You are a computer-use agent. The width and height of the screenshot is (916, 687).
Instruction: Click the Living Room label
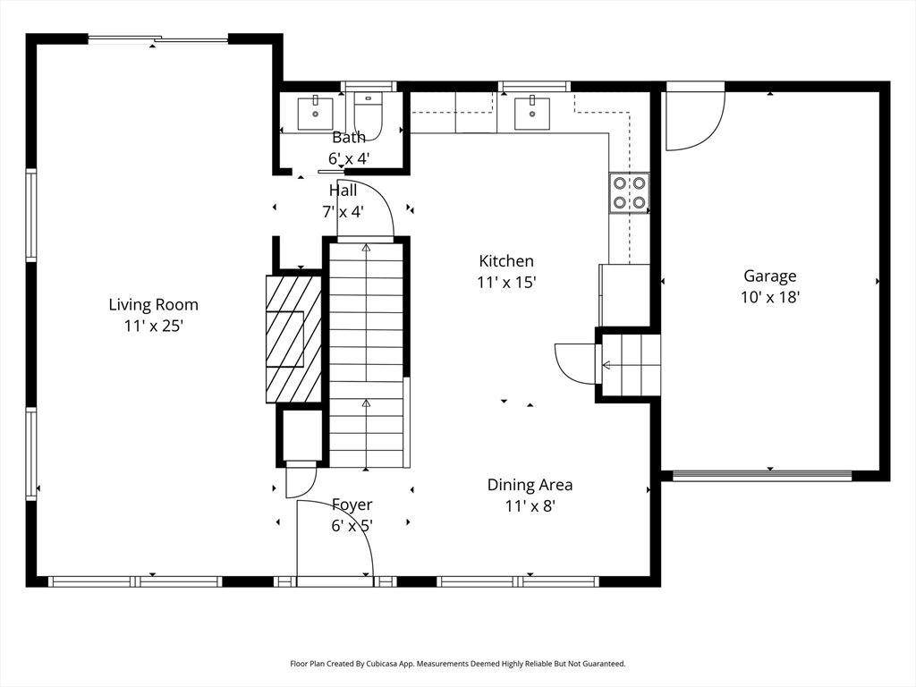[x=154, y=304]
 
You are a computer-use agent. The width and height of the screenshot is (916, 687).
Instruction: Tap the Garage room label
[x=770, y=276]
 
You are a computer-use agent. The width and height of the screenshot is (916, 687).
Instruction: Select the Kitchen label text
[x=506, y=260]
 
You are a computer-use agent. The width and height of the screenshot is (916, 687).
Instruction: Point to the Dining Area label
[x=530, y=485]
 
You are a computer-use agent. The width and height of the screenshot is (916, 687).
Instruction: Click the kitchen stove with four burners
[x=630, y=193]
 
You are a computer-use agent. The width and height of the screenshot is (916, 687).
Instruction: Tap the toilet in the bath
[x=368, y=116]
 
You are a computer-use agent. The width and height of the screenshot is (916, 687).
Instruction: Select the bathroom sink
[x=316, y=114]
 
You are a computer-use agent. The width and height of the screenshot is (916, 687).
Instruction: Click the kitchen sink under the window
[x=532, y=113]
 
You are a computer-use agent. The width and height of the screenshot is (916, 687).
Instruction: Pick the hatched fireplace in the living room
[x=293, y=339]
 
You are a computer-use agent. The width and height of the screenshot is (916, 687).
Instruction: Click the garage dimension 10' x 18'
[x=770, y=297]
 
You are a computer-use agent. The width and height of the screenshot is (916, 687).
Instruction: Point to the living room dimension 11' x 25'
[x=154, y=326]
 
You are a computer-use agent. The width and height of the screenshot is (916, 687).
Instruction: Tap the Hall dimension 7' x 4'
[x=343, y=211]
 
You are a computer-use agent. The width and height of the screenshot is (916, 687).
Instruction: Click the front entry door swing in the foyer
[x=335, y=538]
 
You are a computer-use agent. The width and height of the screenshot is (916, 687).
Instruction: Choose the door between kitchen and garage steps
[x=575, y=363]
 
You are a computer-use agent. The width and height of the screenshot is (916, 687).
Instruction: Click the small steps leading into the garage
[x=631, y=365]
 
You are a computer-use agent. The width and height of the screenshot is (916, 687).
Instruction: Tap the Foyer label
[x=352, y=505]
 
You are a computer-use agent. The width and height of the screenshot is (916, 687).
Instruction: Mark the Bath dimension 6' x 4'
[x=349, y=158]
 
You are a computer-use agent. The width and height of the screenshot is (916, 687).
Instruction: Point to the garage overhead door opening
[x=762, y=476]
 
